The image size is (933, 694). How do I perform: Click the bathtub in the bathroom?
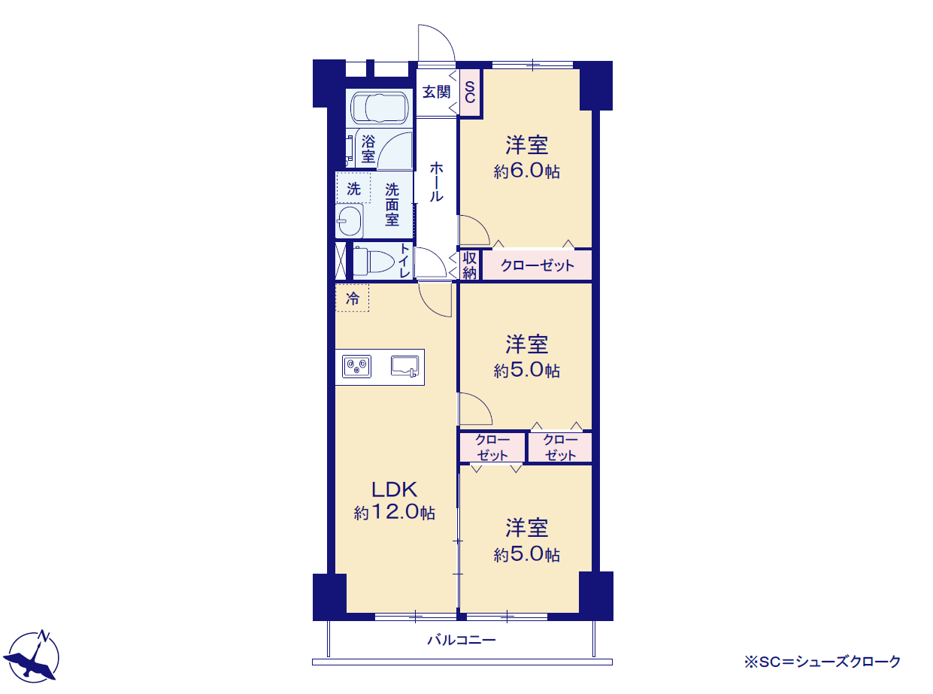380,108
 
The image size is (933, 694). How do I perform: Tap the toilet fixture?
373,262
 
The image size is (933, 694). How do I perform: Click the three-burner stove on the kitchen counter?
356,366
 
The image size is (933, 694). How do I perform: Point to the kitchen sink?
404,366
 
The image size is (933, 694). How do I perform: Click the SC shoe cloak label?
469,92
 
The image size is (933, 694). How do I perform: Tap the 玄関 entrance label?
436,92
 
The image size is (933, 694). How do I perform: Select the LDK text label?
394,489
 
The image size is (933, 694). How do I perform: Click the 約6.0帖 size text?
526,171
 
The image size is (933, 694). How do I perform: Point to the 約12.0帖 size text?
394,512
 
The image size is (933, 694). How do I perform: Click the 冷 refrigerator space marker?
352,298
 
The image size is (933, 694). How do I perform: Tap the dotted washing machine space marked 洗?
353,188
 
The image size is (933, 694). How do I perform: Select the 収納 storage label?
469,265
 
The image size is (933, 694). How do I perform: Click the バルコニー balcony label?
462,640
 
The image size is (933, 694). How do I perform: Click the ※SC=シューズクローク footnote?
822,662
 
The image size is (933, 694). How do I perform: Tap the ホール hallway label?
436,182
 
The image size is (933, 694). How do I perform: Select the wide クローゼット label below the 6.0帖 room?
537,265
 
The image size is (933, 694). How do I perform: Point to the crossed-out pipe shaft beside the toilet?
341,261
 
